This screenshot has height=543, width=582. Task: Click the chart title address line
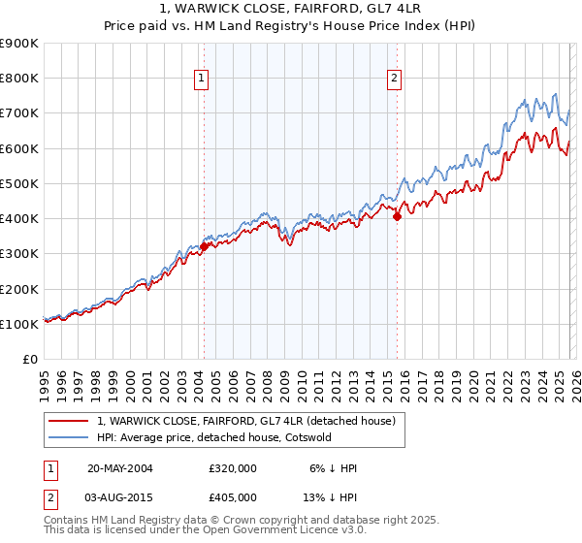tap(290, 10)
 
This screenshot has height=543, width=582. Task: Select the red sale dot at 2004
tap(205, 246)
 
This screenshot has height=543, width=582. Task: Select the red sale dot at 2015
tap(397, 217)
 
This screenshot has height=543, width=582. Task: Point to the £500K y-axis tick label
tap(18, 183)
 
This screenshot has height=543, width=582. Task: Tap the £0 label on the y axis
tap(29, 359)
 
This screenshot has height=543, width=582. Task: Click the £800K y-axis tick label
tap(18, 79)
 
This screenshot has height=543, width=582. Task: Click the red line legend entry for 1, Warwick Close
tap(245, 422)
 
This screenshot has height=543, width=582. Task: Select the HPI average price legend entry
tap(213, 437)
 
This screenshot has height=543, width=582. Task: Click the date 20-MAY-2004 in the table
tap(119, 468)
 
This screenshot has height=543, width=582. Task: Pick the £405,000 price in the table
tap(232, 496)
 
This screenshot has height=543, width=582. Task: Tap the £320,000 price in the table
tap(232, 468)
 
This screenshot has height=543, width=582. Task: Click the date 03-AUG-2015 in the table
tap(119, 496)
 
